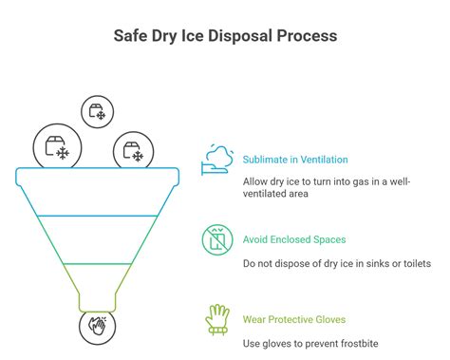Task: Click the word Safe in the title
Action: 133,35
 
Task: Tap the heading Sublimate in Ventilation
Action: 295,160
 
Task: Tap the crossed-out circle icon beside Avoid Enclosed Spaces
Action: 216,240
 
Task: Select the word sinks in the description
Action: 372,261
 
